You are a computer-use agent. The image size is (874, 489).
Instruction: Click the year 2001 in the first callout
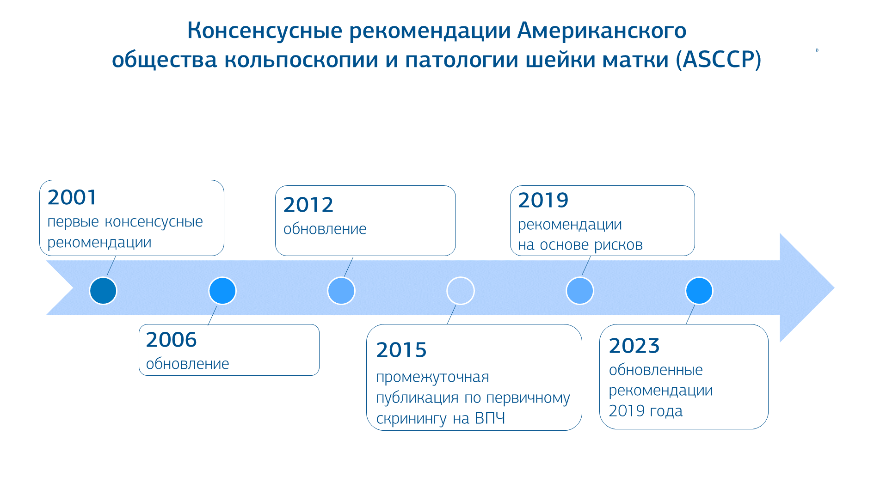click(x=72, y=197)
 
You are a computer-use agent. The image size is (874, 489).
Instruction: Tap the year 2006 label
click(x=171, y=340)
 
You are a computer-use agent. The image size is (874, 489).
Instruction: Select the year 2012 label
click(x=308, y=205)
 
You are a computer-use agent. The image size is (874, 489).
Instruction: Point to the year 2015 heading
click(x=401, y=350)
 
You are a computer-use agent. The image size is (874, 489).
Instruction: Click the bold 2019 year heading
click(x=543, y=200)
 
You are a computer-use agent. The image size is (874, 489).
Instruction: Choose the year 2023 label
click(x=634, y=346)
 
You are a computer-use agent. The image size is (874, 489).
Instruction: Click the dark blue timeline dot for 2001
click(x=103, y=291)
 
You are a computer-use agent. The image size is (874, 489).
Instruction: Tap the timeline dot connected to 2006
click(x=222, y=291)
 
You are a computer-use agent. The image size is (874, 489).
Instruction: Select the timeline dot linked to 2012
click(x=341, y=291)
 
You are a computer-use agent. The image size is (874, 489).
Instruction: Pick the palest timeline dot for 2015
click(x=461, y=291)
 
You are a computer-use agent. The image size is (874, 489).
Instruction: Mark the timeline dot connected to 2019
click(x=580, y=291)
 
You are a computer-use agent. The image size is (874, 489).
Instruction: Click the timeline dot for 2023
click(x=699, y=291)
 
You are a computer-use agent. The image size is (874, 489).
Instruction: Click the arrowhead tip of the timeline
click(x=834, y=288)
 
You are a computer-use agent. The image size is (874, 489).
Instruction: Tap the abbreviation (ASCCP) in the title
click(x=719, y=60)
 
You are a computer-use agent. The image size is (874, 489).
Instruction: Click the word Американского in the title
click(x=602, y=31)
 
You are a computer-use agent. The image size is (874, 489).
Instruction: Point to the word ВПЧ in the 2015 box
click(x=490, y=418)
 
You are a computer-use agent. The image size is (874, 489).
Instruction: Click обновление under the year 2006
click(x=187, y=364)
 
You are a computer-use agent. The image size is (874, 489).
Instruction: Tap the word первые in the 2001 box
click(x=73, y=222)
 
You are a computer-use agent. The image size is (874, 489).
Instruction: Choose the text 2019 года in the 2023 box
click(x=646, y=411)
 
